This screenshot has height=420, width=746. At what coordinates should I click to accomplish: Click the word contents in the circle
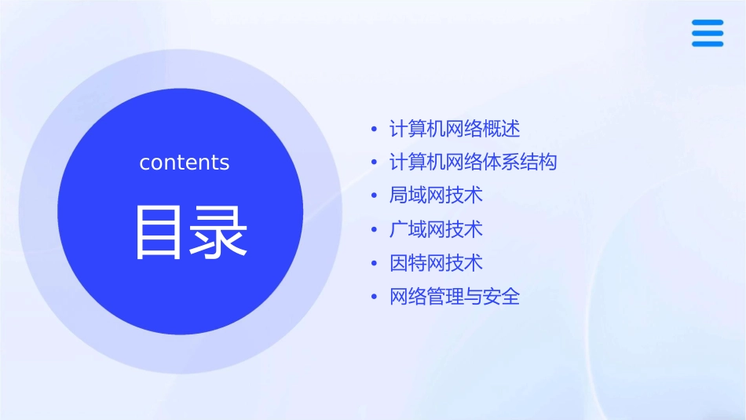point(185,163)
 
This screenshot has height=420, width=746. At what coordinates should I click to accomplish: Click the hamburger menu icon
point(708,33)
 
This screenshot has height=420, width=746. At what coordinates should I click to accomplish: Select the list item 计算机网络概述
point(455,129)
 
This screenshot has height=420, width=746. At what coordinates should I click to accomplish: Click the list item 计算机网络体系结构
point(473,163)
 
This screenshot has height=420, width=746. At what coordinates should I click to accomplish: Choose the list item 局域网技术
point(436,195)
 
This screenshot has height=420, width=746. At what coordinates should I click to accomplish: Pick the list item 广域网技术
point(436,229)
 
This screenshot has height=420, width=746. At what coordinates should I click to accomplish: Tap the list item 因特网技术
point(436,263)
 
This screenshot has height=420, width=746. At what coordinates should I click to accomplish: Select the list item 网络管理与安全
point(455,297)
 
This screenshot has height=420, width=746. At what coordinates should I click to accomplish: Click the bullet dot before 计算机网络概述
point(375,129)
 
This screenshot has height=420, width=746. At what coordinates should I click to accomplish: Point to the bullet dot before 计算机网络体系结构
point(375,163)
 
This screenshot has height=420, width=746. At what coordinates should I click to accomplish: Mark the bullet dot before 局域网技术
point(375,196)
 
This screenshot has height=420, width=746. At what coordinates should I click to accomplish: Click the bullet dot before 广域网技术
point(375,230)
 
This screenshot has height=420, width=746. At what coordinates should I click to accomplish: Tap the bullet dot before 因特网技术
point(375,264)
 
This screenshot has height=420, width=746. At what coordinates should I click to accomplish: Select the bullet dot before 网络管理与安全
point(375,298)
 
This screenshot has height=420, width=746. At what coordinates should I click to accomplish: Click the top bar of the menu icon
point(708,23)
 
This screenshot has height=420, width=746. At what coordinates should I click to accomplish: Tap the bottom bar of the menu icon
point(708,43)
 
